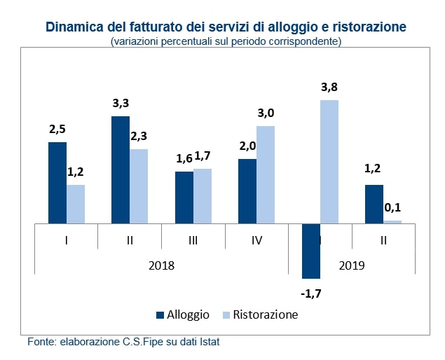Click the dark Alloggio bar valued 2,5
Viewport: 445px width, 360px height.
coord(57,183)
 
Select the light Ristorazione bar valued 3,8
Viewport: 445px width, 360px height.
coord(329,162)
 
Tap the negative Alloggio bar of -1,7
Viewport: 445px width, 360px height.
coord(311,251)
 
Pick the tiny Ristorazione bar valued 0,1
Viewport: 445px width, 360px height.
coord(393,221)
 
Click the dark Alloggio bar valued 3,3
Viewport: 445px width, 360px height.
coord(121,169)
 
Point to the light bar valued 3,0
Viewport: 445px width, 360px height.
coord(266,174)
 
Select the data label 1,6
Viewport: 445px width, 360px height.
coord(184,158)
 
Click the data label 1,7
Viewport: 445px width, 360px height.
coord(203,155)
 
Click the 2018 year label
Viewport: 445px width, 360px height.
coord(161,266)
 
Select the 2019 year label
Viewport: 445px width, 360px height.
coord(352,266)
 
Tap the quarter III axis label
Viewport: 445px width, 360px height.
coord(193,240)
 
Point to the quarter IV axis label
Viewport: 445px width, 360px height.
coord(256,240)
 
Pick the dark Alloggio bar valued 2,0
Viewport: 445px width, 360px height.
coord(247,191)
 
